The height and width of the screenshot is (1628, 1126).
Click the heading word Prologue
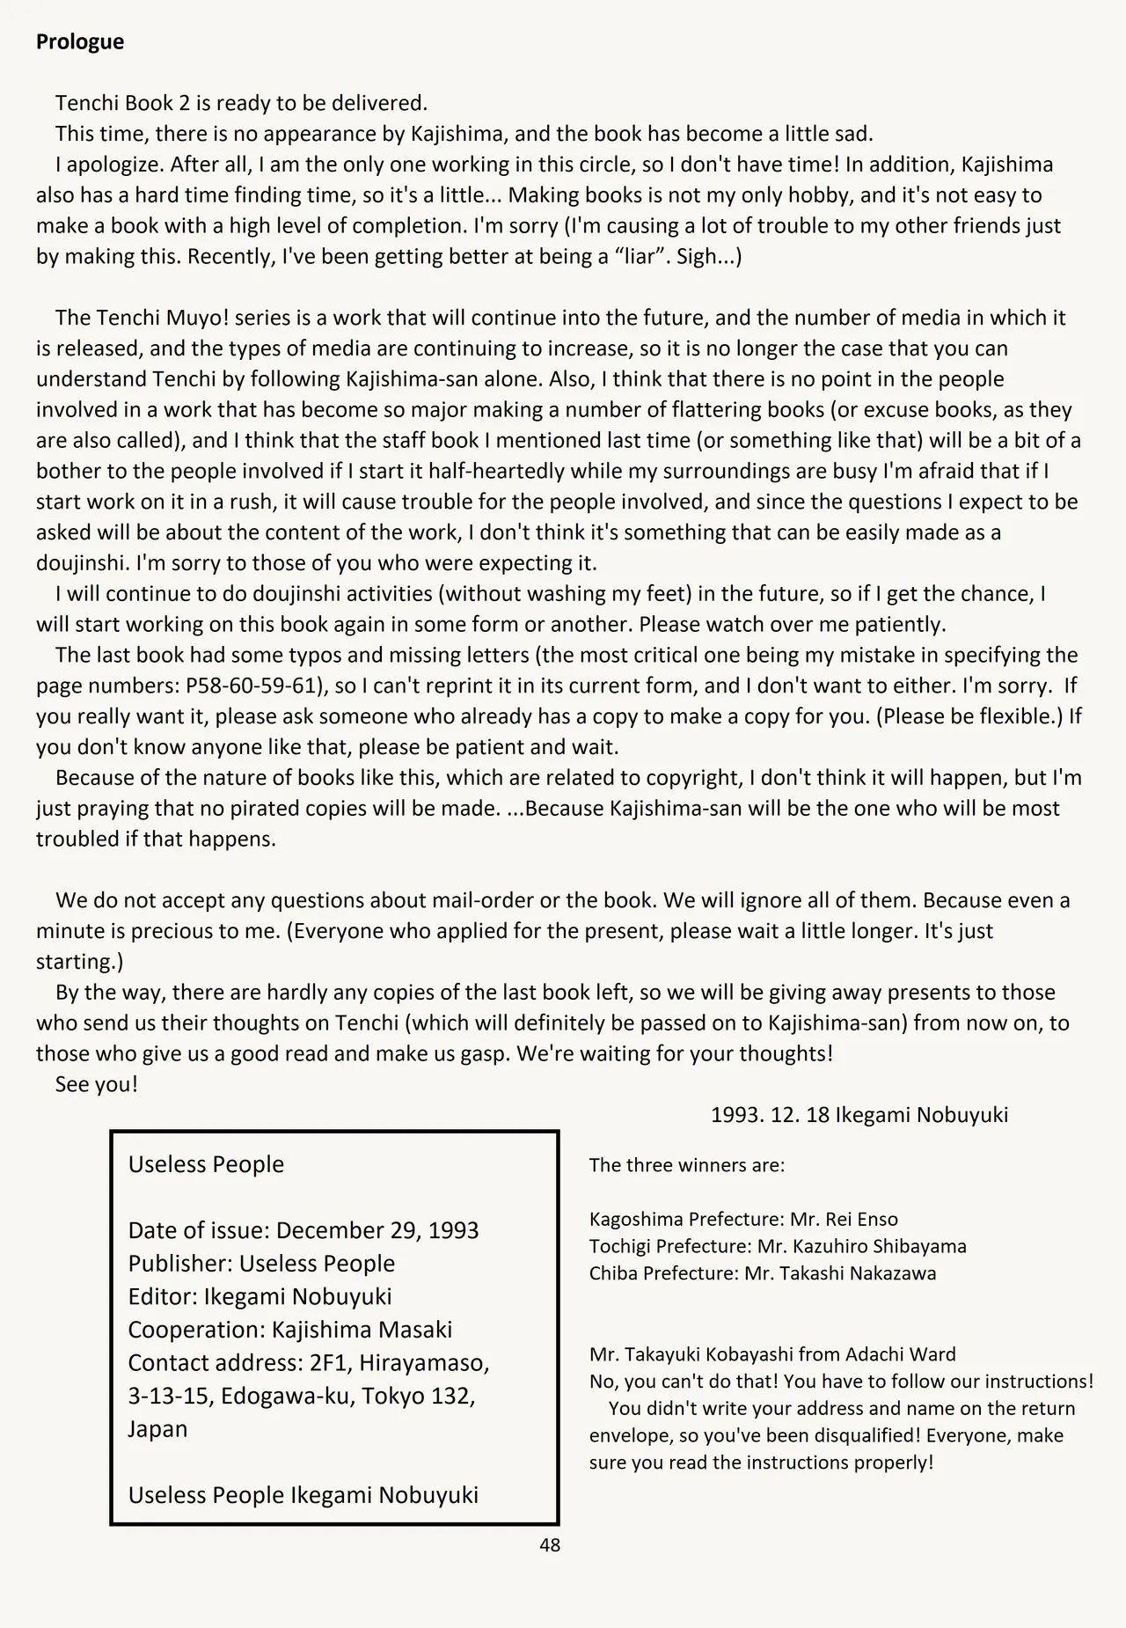[x=80, y=42]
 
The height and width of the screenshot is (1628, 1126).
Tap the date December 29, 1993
[x=377, y=1230]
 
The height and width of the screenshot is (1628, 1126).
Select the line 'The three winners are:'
[x=686, y=1165]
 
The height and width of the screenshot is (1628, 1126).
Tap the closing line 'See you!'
[x=97, y=1084]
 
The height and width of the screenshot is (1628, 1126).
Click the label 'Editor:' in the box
[x=163, y=1296]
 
